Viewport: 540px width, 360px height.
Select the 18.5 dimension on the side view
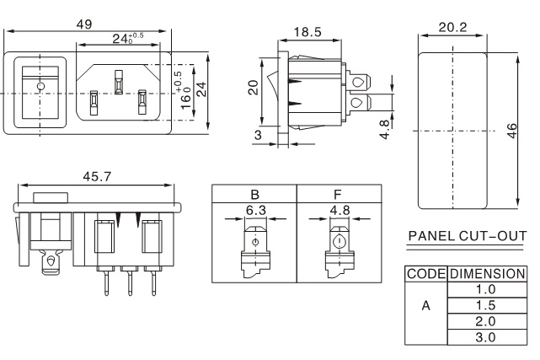[x=307, y=31]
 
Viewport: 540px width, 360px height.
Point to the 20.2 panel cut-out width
[x=452, y=26]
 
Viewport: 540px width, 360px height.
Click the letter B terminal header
[x=254, y=192]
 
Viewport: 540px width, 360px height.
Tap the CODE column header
[x=425, y=274]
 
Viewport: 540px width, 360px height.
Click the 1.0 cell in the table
[x=486, y=288]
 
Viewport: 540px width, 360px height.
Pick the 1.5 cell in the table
[x=486, y=304]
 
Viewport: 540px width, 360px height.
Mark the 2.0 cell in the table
[x=486, y=320]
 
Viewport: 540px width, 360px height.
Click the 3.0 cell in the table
[x=486, y=336]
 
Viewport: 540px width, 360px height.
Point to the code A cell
[x=425, y=305]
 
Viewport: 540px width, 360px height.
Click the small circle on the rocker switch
[x=40, y=85]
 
